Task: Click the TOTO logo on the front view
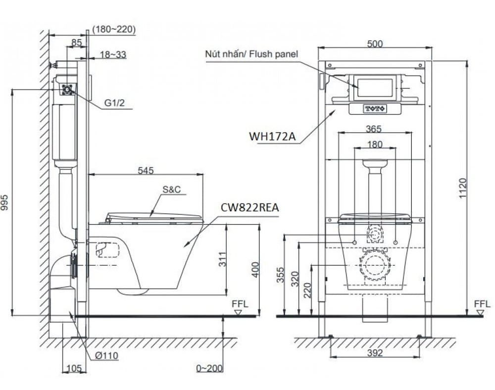click(375, 109)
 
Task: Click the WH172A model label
click(272, 136)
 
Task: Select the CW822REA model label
click(249, 208)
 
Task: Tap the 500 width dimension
click(375, 44)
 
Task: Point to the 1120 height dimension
click(462, 189)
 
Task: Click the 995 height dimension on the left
click(5, 202)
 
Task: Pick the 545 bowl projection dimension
click(146, 171)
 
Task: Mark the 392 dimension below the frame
click(375, 353)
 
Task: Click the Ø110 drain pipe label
click(106, 356)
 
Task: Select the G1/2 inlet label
click(115, 102)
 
